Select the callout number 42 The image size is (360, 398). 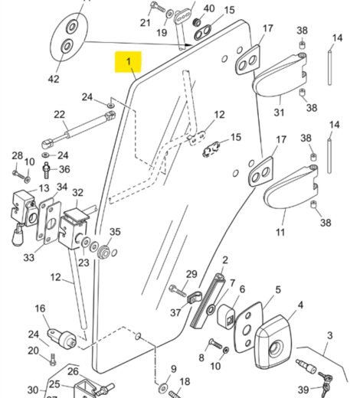(x=53, y=79)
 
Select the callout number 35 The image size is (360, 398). (x=115, y=233)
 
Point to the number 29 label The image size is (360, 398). (x=191, y=274)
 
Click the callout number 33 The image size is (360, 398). (x=28, y=259)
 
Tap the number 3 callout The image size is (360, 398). (x=329, y=336)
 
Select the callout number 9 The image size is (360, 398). (x=173, y=369)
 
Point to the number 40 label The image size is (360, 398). (x=208, y=8)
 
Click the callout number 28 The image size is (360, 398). (x=18, y=156)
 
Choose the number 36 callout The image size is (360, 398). (x=64, y=169)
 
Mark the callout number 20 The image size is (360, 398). (x=33, y=351)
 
